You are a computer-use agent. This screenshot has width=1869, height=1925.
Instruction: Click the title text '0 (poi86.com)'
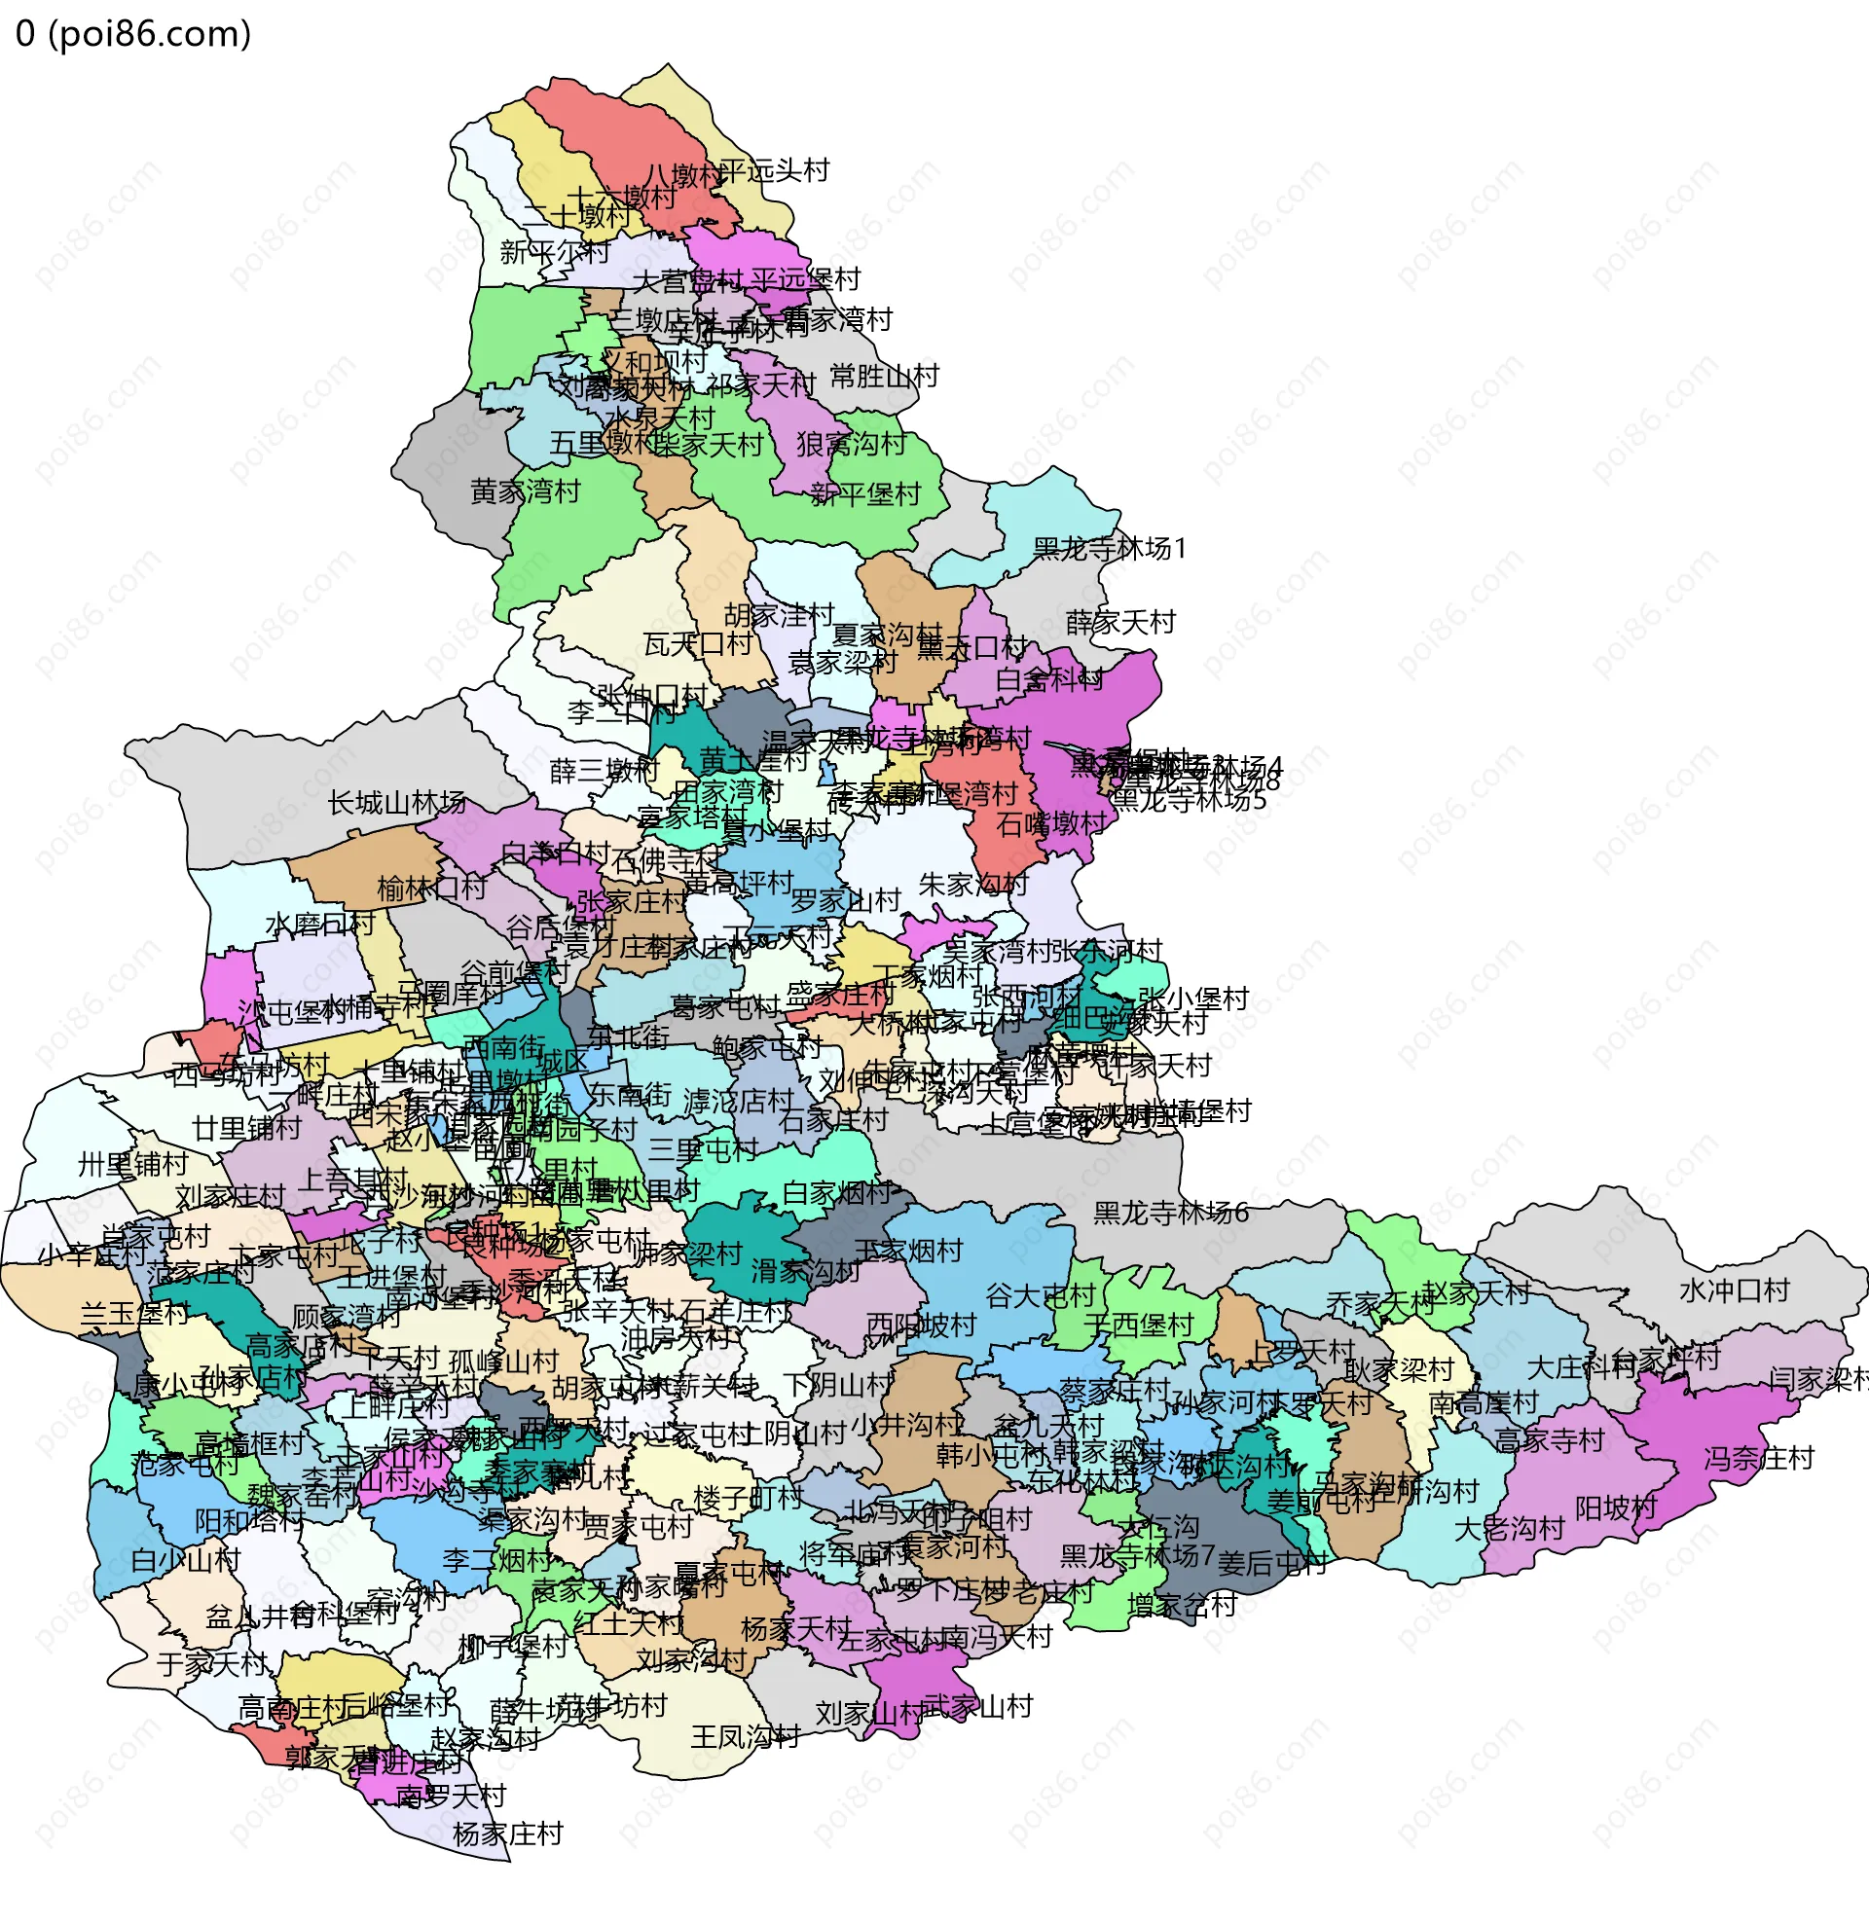133,34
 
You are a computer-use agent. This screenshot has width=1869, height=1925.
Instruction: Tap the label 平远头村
774,171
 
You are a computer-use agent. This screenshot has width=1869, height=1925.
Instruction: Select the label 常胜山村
884,377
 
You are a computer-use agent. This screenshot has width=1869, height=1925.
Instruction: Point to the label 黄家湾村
526,491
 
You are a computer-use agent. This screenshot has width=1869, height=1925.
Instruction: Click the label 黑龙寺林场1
1110,549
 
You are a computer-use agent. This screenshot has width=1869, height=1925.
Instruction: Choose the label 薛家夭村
1120,622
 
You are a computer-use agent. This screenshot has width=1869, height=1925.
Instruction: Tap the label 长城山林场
397,804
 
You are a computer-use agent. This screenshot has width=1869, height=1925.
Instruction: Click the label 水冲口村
1735,1290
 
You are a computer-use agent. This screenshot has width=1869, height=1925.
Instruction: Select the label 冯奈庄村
1758,1459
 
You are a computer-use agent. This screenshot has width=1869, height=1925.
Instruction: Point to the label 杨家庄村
508,1834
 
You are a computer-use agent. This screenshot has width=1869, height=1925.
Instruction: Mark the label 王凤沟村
746,1736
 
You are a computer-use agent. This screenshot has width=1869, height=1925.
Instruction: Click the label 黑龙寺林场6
1171,1214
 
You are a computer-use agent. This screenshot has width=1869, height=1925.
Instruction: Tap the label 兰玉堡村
134,1313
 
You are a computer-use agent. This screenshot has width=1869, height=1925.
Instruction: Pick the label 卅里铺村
132,1165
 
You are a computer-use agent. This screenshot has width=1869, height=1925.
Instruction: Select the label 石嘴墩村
1052,824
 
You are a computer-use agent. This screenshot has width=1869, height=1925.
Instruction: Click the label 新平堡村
865,494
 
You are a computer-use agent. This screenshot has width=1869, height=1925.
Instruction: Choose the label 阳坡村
1616,1507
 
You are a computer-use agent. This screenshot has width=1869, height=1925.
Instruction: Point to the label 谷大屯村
1040,1296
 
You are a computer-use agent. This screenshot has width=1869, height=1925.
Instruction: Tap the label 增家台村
1182,1606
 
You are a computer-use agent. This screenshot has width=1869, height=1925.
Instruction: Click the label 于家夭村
212,1664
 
